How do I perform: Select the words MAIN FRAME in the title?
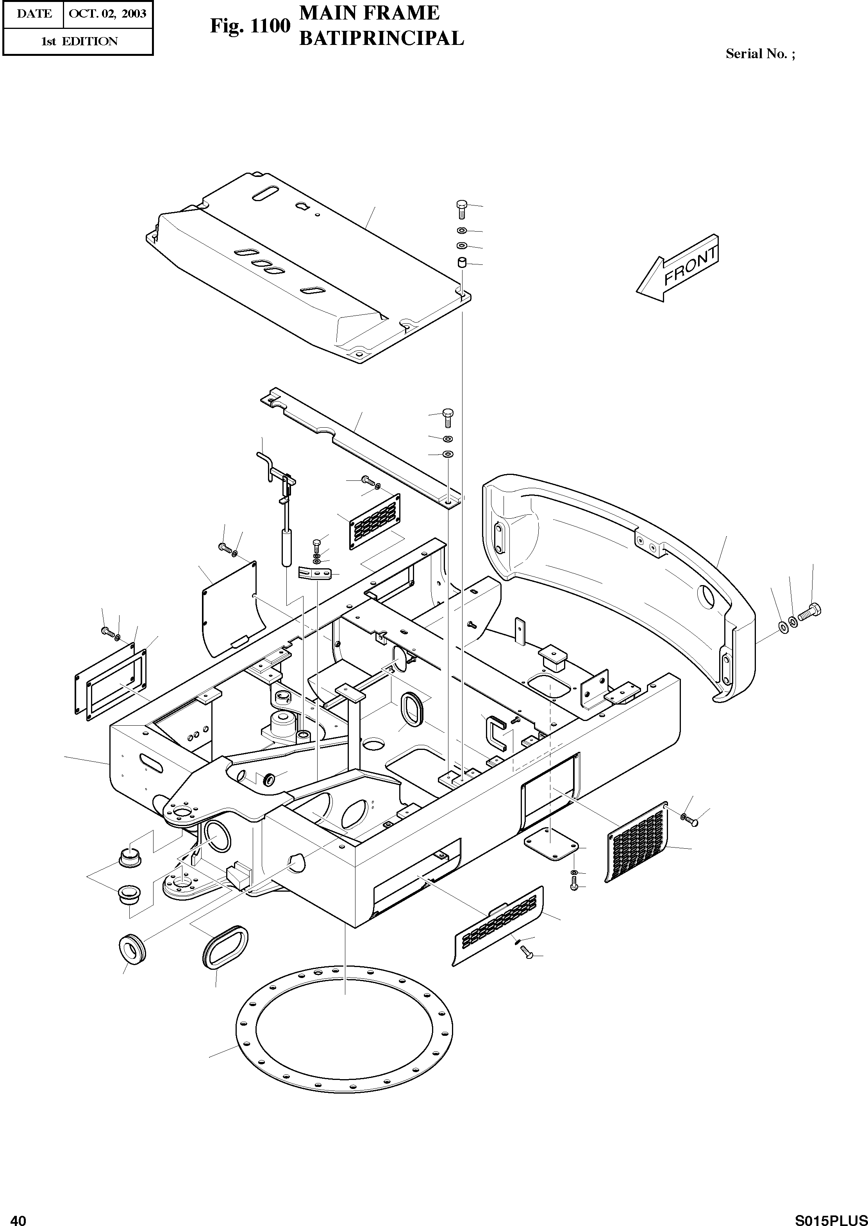tap(369, 13)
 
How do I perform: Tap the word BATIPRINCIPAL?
tap(381, 38)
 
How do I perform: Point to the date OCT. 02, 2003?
tap(108, 13)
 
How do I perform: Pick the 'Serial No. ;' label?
tap(760, 54)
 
